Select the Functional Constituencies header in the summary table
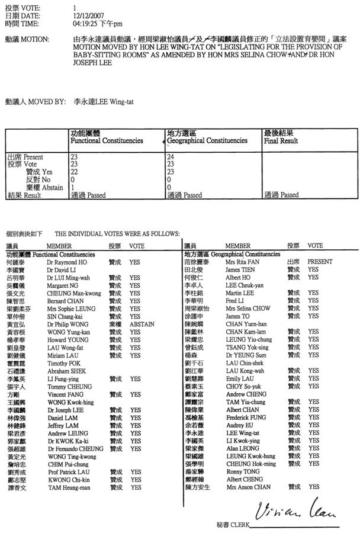[x=107, y=141]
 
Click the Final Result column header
[x=281, y=141]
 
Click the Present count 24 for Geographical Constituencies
[x=172, y=157]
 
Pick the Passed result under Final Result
[x=282, y=195]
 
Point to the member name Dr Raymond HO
[x=67, y=261]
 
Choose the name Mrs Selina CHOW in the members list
[x=247, y=308]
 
